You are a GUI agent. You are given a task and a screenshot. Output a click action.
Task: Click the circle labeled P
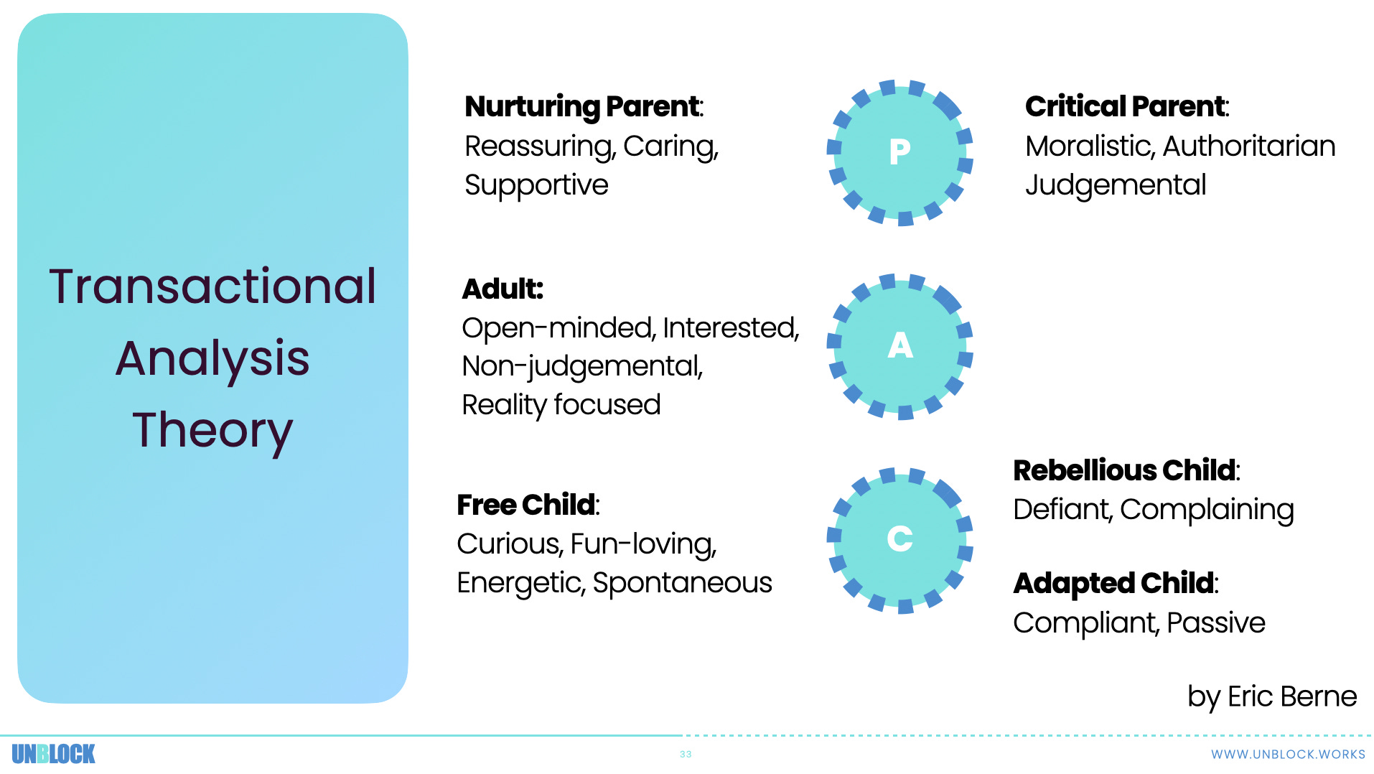[x=899, y=152]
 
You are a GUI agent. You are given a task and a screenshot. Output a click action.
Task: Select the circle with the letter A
[x=899, y=346]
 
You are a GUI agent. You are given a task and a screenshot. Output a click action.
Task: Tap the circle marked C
[x=899, y=539]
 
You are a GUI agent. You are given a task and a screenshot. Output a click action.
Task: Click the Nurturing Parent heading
[x=583, y=106]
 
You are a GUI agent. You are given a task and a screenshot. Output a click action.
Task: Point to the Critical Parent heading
[x=1126, y=106]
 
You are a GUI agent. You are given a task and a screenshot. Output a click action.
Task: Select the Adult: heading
[x=503, y=289]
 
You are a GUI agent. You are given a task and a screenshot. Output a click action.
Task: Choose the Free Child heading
[x=527, y=505]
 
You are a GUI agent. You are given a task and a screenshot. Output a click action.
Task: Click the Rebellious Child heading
[x=1125, y=470]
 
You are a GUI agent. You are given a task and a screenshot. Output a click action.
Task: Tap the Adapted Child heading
[x=1114, y=583]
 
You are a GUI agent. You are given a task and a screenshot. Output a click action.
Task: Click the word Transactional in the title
[x=212, y=286]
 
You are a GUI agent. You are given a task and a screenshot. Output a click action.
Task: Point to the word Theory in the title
[x=212, y=430]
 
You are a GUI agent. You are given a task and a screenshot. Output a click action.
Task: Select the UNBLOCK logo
[x=53, y=754]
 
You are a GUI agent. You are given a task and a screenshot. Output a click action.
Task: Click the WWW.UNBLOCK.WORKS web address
[x=1288, y=755]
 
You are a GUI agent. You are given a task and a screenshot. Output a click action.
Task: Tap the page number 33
[x=686, y=755]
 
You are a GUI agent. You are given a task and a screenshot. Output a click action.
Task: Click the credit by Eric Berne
[x=1271, y=696]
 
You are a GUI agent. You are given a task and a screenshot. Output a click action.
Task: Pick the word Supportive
[x=536, y=185]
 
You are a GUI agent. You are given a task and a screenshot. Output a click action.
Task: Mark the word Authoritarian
[x=1248, y=146]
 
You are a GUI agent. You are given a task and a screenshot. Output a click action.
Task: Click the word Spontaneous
[x=682, y=582]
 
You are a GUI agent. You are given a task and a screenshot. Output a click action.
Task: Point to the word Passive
[x=1215, y=623]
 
